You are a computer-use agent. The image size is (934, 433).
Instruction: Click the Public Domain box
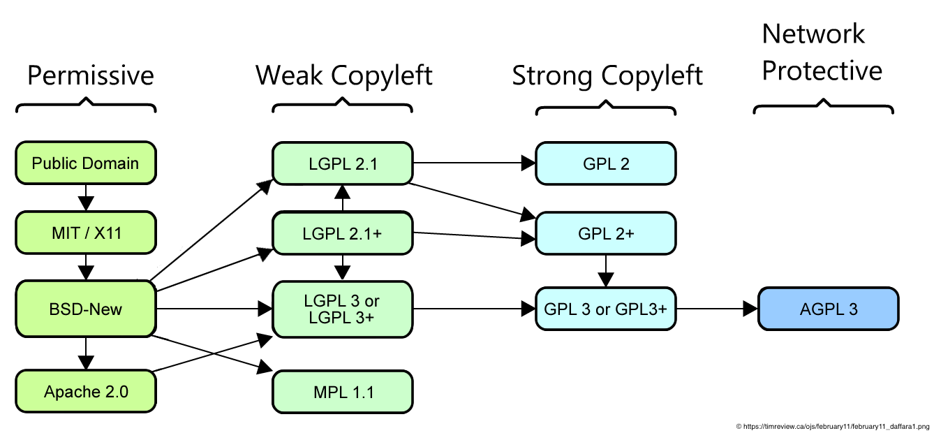(x=85, y=163)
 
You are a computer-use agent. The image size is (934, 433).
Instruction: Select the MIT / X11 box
(x=85, y=233)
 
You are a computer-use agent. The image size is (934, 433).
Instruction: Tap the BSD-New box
(x=85, y=308)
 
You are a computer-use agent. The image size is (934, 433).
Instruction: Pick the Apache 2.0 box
(x=85, y=391)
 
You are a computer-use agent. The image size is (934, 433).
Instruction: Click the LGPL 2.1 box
(x=342, y=163)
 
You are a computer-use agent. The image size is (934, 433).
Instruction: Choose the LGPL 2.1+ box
(x=342, y=233)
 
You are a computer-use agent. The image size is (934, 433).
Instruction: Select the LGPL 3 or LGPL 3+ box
(x=342, y=308)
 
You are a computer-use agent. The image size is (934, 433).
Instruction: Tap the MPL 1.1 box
(x=342, y=391)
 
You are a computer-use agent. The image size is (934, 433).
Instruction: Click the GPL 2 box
(x=605, y=163)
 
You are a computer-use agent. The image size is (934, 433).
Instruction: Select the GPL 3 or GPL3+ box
(x=605, y=308)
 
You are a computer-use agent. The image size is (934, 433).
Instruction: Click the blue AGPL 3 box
(x=828, y=308)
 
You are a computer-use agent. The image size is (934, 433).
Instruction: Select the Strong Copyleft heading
(x=607, y=76)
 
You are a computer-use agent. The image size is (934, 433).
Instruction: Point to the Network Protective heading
(x=821, y=52)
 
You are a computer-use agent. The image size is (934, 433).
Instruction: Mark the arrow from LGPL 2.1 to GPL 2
(x=474, y=163)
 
